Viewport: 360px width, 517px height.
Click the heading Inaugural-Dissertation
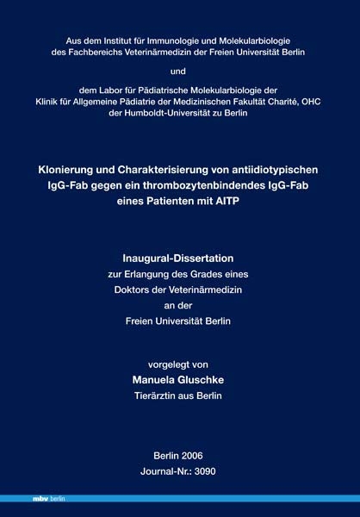[179, 256]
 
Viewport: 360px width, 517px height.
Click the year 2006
[193, 455]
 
